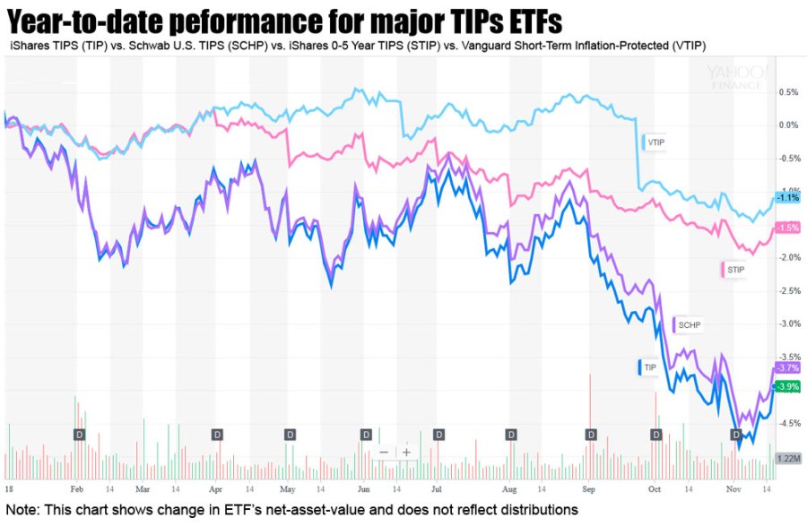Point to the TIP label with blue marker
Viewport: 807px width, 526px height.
pos(648,367)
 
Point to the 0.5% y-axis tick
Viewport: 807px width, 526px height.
pos(788,92)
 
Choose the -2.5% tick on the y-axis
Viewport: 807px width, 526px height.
pos(788,291)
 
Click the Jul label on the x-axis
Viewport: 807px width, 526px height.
pos(437,491)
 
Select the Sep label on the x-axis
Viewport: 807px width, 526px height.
pos(589,491)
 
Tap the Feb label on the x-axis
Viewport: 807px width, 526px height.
pos(76,491)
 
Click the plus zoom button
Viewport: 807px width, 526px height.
pos(406,453)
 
